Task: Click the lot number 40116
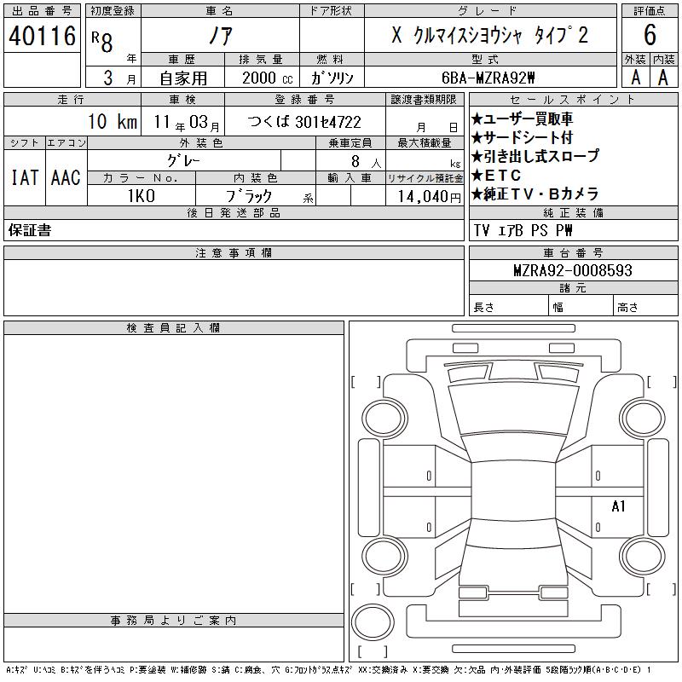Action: [x=42, y=36]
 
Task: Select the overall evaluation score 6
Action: [x=650, y=35]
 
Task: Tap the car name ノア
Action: [x=221, y=36]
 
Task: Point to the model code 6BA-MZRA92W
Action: [x=488, y=78]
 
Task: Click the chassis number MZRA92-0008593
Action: [x=573, y=270]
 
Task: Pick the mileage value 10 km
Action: [x=113, y=121]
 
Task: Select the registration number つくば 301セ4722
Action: [x=304, y=122]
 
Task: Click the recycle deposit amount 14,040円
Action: [x=430, y=197]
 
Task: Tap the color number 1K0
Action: [x=142, y=196]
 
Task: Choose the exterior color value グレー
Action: [x=184, y=160]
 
